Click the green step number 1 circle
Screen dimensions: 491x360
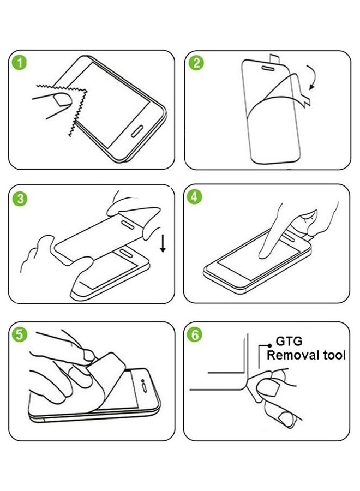pyautogui.click(x=21, y=63)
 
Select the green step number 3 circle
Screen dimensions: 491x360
pyautogui.click(x=21, y=199)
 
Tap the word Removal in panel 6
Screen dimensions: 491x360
pyautogui.click(x=293, y=356)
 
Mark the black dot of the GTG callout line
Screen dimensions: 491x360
pyautogui.click(x=268, y=345)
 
